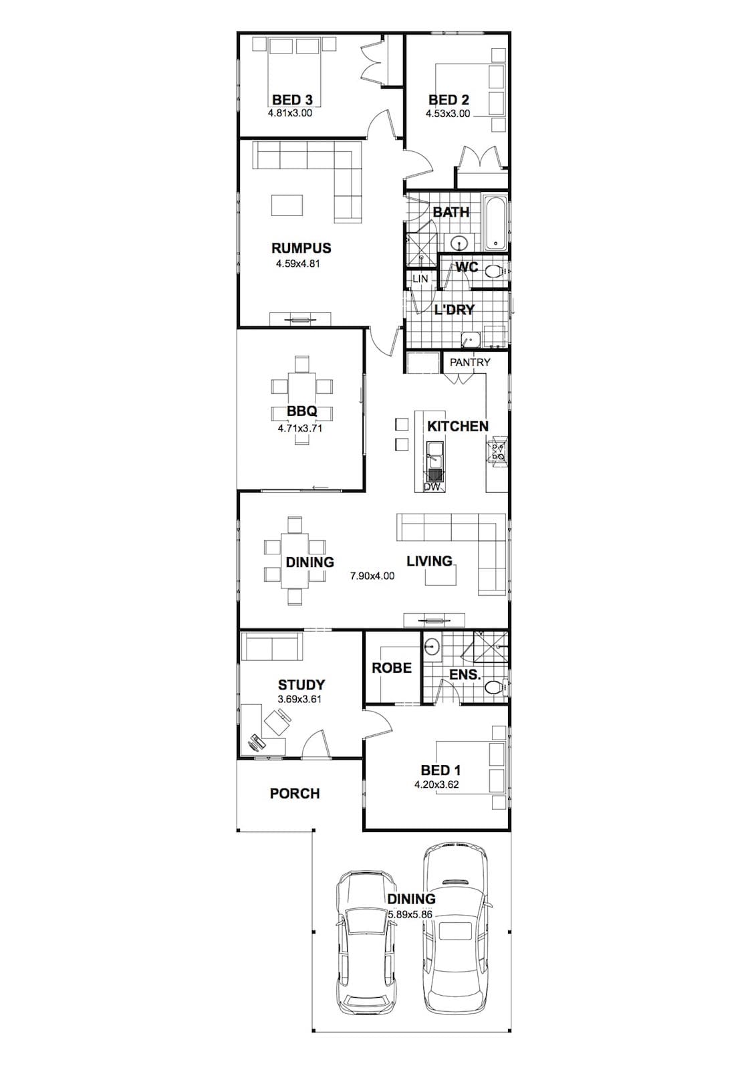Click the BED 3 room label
coord(292,100)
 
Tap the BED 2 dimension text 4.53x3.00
coord(448,114)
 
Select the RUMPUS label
coord(301,248)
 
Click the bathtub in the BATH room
coord(496,223)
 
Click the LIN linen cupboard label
coord(420,278)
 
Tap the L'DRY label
coord(454,310)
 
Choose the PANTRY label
coord(470,362)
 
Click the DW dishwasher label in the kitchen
coord(432,488)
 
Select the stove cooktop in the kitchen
coord(497,449)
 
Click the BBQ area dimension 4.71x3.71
coord(300,429)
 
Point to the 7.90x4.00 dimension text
coord(372,576)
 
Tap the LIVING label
coord(429,561)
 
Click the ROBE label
coord(392,668)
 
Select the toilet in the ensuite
coord(494,688)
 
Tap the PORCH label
coord(295,793)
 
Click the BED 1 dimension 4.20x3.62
coord(436,784)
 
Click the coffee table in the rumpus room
coord(287,205)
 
